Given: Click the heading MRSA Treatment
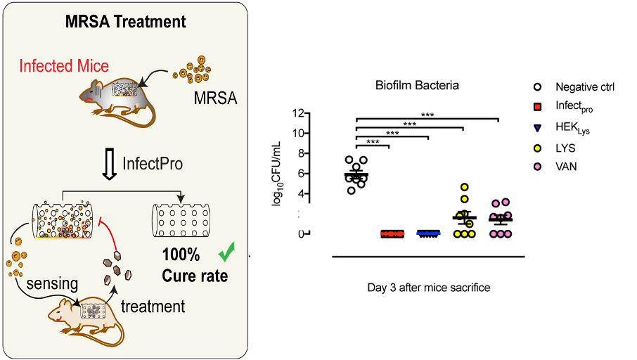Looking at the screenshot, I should tap(126, 21).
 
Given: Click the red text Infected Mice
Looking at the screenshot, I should tap(64, 66).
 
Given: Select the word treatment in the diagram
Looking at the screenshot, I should tap(153, 307).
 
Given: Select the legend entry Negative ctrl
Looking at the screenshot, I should tap(584, 87).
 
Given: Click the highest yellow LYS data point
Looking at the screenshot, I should tap(465, 187).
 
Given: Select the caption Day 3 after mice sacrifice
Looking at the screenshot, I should tap(428, 288).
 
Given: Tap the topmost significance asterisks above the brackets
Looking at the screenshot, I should tap(427, 113).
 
